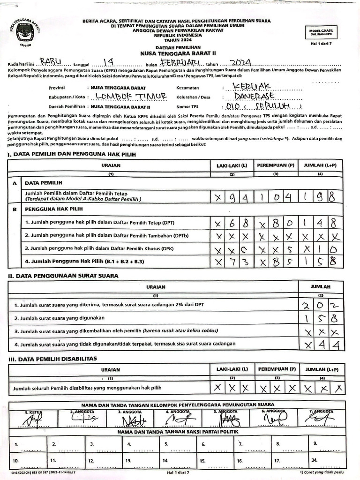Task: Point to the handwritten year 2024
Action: coord(238,62)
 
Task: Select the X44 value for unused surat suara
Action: coord(320,345)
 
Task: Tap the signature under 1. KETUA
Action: coord(28,419)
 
